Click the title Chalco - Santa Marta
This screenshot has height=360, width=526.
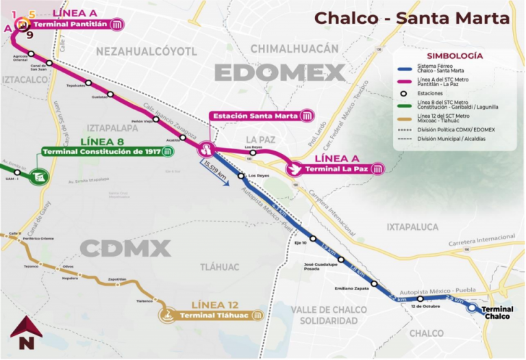pos(412,18)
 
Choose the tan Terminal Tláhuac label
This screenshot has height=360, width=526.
pos(219,316)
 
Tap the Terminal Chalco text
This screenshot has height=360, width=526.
pos(498,313)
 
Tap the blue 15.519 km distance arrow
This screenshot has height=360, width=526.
pos(214,172)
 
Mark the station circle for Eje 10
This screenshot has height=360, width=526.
pos(313,239)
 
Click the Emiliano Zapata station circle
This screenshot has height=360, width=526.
pos(374,283)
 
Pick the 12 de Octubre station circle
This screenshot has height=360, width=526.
pos(421,298)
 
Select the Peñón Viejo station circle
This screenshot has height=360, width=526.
pos(156,119)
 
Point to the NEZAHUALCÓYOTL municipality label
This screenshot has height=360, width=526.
pos(147,51)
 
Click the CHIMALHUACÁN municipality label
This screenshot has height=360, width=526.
pos(295,48)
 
